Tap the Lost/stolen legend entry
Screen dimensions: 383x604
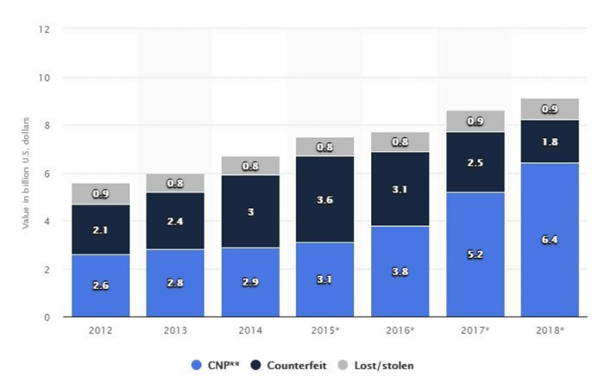tap(379, 365)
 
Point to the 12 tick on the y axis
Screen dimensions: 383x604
tap(44, 29)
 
